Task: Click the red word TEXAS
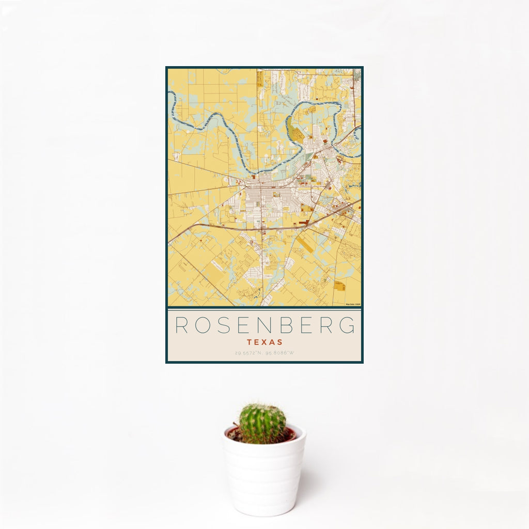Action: tap(264, 342)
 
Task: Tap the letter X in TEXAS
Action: tap(264, 342)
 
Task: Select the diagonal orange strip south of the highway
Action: tap(305, 244)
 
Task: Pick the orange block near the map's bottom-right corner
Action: tap(339, 285)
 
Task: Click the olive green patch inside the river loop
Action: tap(298, 135)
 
